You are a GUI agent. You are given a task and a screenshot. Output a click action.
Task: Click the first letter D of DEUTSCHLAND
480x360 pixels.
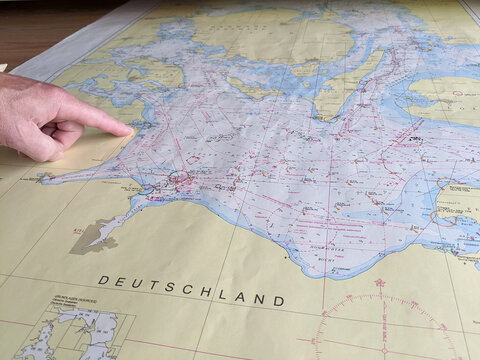[102, 281]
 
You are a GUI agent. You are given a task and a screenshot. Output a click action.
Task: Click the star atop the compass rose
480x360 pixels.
[380, 283]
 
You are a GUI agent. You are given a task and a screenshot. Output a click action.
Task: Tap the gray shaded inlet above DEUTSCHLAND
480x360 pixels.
[95, 237]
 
